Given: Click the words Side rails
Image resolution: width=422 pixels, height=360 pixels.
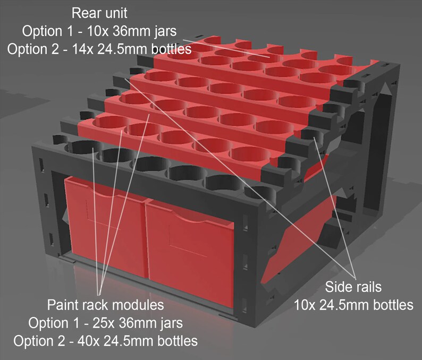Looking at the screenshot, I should (x=353, y=287).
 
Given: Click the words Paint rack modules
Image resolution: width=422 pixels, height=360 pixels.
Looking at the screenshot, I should (x=106, y=305).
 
